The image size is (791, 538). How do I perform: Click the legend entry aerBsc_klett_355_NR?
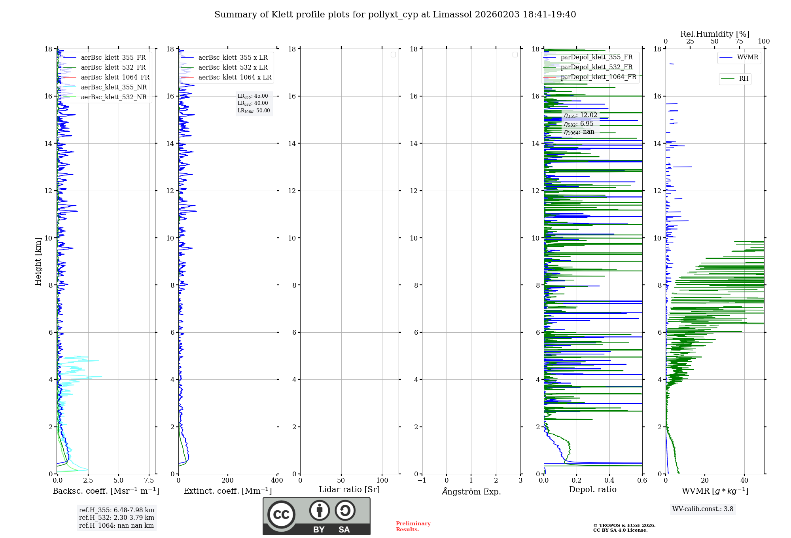pos(114,87)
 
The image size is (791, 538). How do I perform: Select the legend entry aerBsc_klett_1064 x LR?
pos(235,77)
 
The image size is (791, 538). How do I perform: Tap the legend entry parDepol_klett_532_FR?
pos(596,67)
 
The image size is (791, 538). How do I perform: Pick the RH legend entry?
pos(744,79)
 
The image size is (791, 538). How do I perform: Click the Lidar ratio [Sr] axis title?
pos(349,489)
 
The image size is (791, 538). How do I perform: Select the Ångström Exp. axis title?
pos(471,491)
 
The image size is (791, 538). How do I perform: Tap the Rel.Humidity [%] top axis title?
pos(715,34)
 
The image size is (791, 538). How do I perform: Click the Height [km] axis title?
pos(38,261)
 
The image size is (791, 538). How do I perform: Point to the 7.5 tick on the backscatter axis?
pos(149,481)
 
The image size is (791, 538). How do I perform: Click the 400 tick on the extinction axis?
pos(277,481)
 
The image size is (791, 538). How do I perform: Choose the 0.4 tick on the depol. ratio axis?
pos(609,481)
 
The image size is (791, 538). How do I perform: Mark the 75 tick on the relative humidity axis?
pos(739,42)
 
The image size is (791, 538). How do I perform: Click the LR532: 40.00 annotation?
pos(253,103)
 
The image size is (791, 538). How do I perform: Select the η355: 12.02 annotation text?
pos(581,115)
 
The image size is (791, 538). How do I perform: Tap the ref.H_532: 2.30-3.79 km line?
pos(116,517)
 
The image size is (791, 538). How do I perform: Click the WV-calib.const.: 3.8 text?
pos(703,509)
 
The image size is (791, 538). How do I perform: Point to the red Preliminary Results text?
pos(413,526)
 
